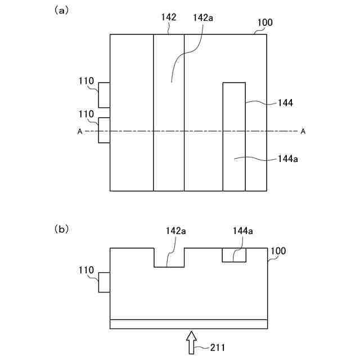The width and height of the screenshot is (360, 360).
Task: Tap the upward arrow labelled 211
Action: (192, 343)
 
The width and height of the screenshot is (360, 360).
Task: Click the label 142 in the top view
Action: (169, 17)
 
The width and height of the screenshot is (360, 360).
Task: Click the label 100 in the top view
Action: (265, 23)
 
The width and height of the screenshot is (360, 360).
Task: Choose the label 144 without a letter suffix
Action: (286, 103)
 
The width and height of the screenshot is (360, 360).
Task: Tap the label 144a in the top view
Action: (288, 159)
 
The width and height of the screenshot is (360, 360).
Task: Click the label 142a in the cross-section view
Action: (175, 231)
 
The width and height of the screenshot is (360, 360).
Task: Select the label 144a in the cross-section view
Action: (243, 231)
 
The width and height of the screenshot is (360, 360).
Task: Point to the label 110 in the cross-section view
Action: (86, 271)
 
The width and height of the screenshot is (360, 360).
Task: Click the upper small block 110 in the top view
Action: (104, 95)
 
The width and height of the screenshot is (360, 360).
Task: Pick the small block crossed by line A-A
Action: (104, 130)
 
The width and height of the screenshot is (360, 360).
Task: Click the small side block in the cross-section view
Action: (104, 282)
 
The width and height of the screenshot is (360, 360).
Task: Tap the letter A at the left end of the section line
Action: (80, 132)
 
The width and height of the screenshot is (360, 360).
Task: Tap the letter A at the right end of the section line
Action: (303, 132)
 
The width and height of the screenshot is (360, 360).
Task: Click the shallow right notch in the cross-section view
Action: (234, 255)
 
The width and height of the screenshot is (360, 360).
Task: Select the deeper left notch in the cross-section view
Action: (169, 257)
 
